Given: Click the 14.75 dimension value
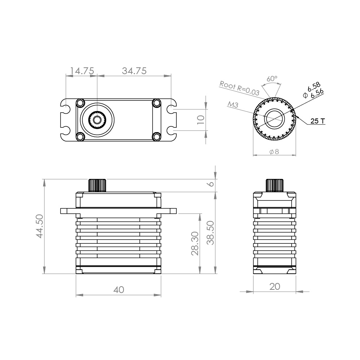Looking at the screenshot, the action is click(82, 71).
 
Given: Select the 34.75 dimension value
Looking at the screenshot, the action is click(134, 71).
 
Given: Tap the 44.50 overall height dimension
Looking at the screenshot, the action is click(40, 226).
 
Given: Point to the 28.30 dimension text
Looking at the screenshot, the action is click(195, 244).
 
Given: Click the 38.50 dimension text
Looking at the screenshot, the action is click(210, 233).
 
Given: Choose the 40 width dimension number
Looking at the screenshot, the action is click(119, 290).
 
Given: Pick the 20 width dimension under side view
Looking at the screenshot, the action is click(275, 287).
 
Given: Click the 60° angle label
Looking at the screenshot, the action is click(272, 79).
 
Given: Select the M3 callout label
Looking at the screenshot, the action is click(233, 105).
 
